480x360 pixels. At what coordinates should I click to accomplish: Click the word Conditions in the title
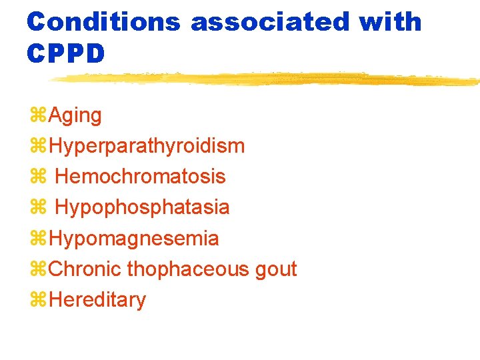click(103, 22)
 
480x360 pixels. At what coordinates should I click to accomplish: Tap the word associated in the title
click(270, 22)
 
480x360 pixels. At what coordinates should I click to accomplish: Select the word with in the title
click(391, 22)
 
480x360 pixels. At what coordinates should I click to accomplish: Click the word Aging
click(75, 116)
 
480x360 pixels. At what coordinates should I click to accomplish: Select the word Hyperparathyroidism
click(147, 146)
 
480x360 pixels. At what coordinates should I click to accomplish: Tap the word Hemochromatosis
click(140, 177)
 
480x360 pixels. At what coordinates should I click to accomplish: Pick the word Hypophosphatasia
click(142, 207)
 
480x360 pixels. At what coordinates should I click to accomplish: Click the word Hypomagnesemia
click(134, 238)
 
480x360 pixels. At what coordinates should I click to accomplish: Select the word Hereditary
click(97, 300)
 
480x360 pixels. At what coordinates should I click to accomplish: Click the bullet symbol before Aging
click(38, 116)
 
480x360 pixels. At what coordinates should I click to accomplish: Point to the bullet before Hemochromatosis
click(38, 177)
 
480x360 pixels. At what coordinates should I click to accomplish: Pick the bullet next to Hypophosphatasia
click(38, 208)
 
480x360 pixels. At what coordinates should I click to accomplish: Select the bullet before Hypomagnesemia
click(38, 239)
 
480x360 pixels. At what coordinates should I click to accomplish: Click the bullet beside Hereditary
click(38, 300)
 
